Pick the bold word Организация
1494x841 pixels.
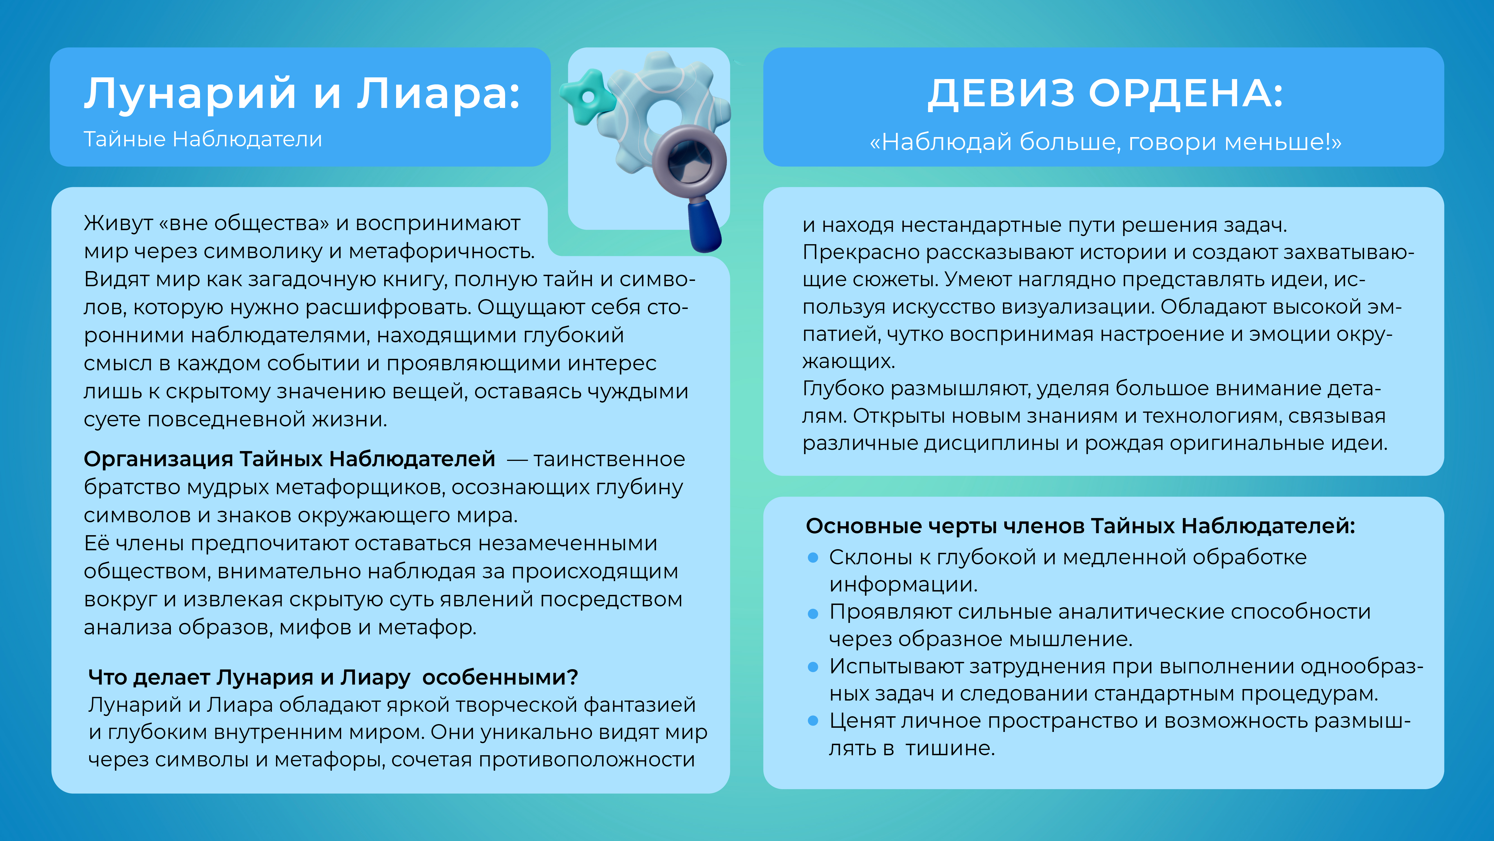coord(158,459)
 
